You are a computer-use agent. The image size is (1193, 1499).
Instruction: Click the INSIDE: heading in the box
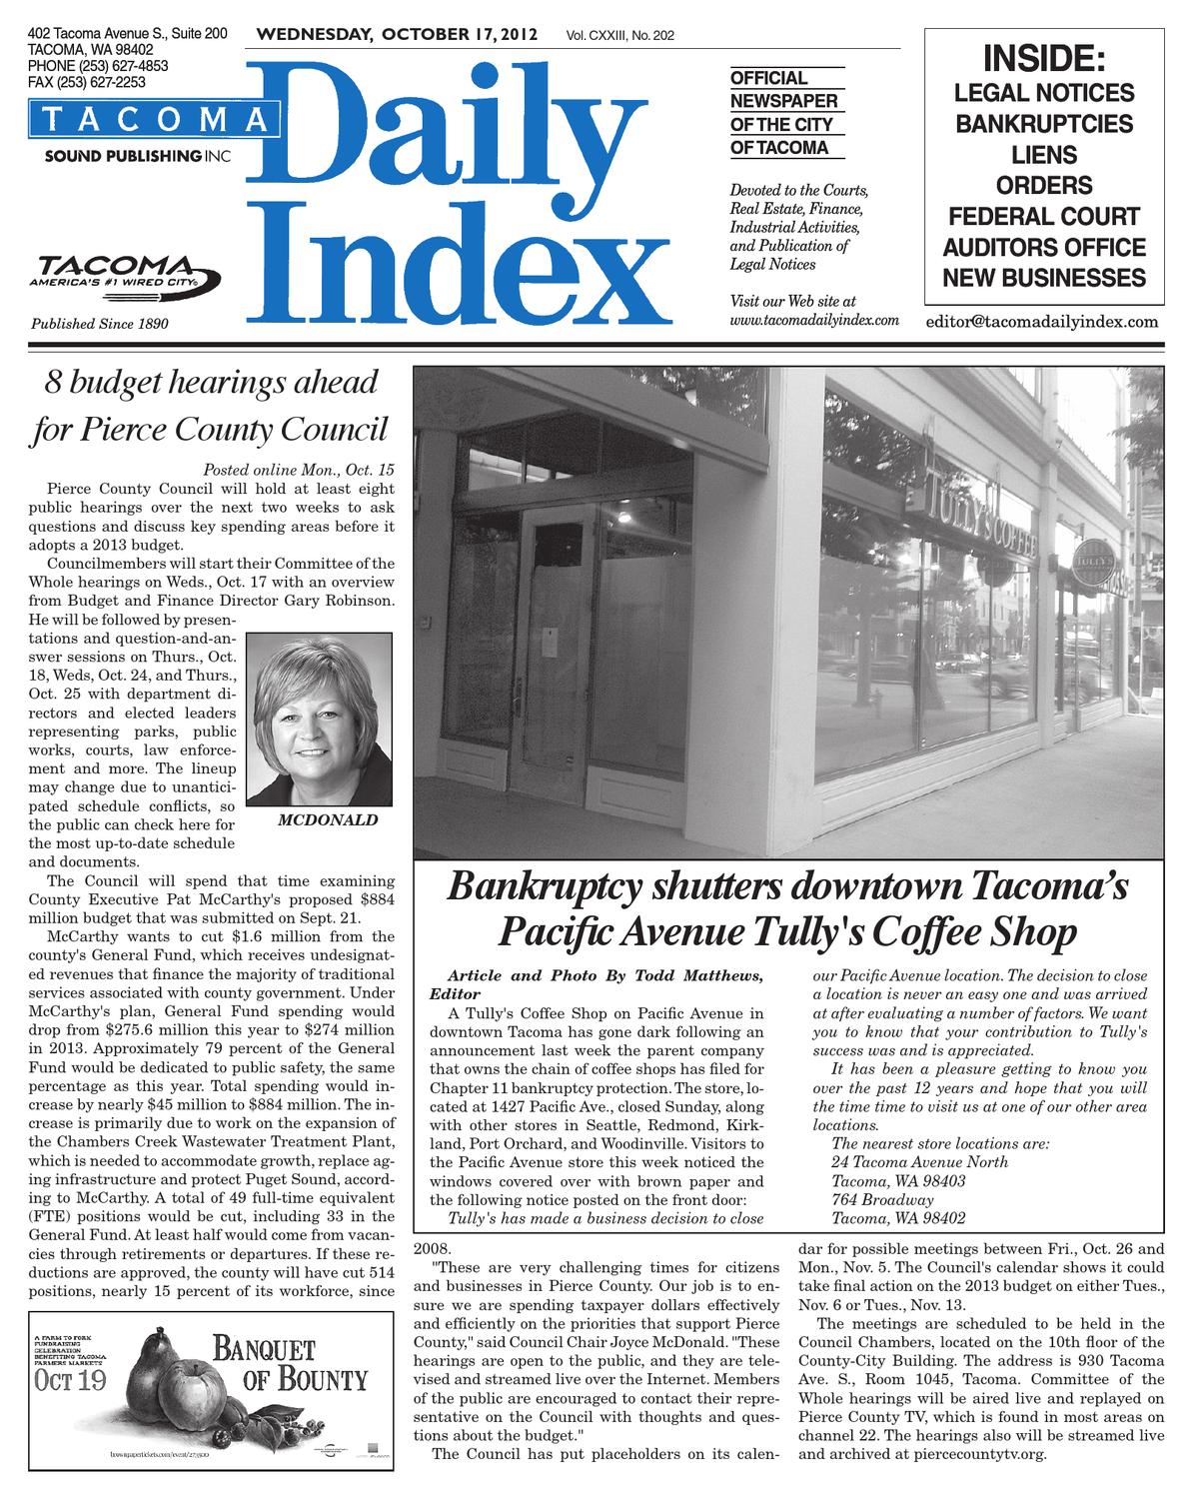1045,59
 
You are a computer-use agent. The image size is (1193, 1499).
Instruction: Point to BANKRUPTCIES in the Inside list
1045,125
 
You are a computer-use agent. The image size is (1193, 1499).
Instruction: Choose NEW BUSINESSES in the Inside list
1045,278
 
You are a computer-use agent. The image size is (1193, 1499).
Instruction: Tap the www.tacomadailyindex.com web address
815,321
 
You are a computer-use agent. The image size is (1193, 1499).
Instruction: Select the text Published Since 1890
99,324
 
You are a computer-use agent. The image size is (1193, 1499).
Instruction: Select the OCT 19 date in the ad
72,1380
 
